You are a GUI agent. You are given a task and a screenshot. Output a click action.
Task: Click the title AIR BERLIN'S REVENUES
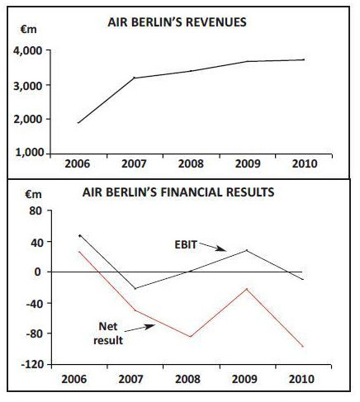click(x=177, y=22)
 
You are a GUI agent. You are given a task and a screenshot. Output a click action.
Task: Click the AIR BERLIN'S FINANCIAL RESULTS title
click(x=178, y=192)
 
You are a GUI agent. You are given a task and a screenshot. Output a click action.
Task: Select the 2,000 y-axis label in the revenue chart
click(x=29, y=120)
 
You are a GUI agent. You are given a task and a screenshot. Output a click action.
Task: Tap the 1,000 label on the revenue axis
click(x=30, y=153)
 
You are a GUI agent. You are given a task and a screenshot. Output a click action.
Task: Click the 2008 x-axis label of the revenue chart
click(x=191, y=164)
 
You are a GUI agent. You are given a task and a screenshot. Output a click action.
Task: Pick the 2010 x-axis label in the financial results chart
click(x=301, y=379)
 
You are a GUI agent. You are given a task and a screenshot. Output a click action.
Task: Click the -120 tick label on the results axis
click(x=32, y=365)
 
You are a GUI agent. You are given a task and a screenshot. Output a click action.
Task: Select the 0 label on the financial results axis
click(x=37, y=272)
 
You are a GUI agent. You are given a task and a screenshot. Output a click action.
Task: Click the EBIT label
click(x=186, y=244)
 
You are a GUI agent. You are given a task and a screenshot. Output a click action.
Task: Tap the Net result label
click(x=108, y=333)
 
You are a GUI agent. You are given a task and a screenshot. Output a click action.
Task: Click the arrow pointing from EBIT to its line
click(x=212, y=247)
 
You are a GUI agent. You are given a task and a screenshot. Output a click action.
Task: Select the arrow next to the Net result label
click(x=140, y=328)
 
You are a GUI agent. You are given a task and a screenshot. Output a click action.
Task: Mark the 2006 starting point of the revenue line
click(x=78, y=123)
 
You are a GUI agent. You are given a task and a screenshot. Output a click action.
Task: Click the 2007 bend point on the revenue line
click(x=135, y=78)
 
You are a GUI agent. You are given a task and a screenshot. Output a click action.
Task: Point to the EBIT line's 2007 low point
click(x=135, y=288)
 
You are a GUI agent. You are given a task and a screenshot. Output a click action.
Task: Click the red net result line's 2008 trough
click(x=191, y=337)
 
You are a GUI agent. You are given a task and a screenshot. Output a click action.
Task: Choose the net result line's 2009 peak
click(x=247, y=289)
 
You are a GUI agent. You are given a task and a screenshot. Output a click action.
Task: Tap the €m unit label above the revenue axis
click(x=28, y=30)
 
